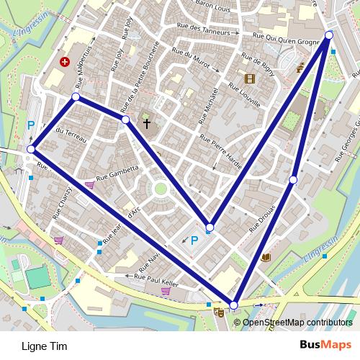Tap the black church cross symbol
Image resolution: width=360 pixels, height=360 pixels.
[x=147, y=123]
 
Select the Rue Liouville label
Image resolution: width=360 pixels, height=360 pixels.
[x=243, y=96]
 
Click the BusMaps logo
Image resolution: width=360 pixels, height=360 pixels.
[x=325, y=345]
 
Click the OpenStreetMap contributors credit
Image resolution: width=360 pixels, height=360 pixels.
[x=297, y=322]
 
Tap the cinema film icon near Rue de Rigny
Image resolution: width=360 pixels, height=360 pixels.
[x=249, y=78]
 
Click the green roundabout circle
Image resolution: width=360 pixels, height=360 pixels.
[x=160, y=189]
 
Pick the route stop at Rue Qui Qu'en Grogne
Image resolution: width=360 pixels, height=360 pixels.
[x=329, y=35]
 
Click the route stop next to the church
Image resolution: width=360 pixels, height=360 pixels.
[x=125, y=120]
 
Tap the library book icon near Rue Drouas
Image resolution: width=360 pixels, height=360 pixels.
[x=266, y=257]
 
